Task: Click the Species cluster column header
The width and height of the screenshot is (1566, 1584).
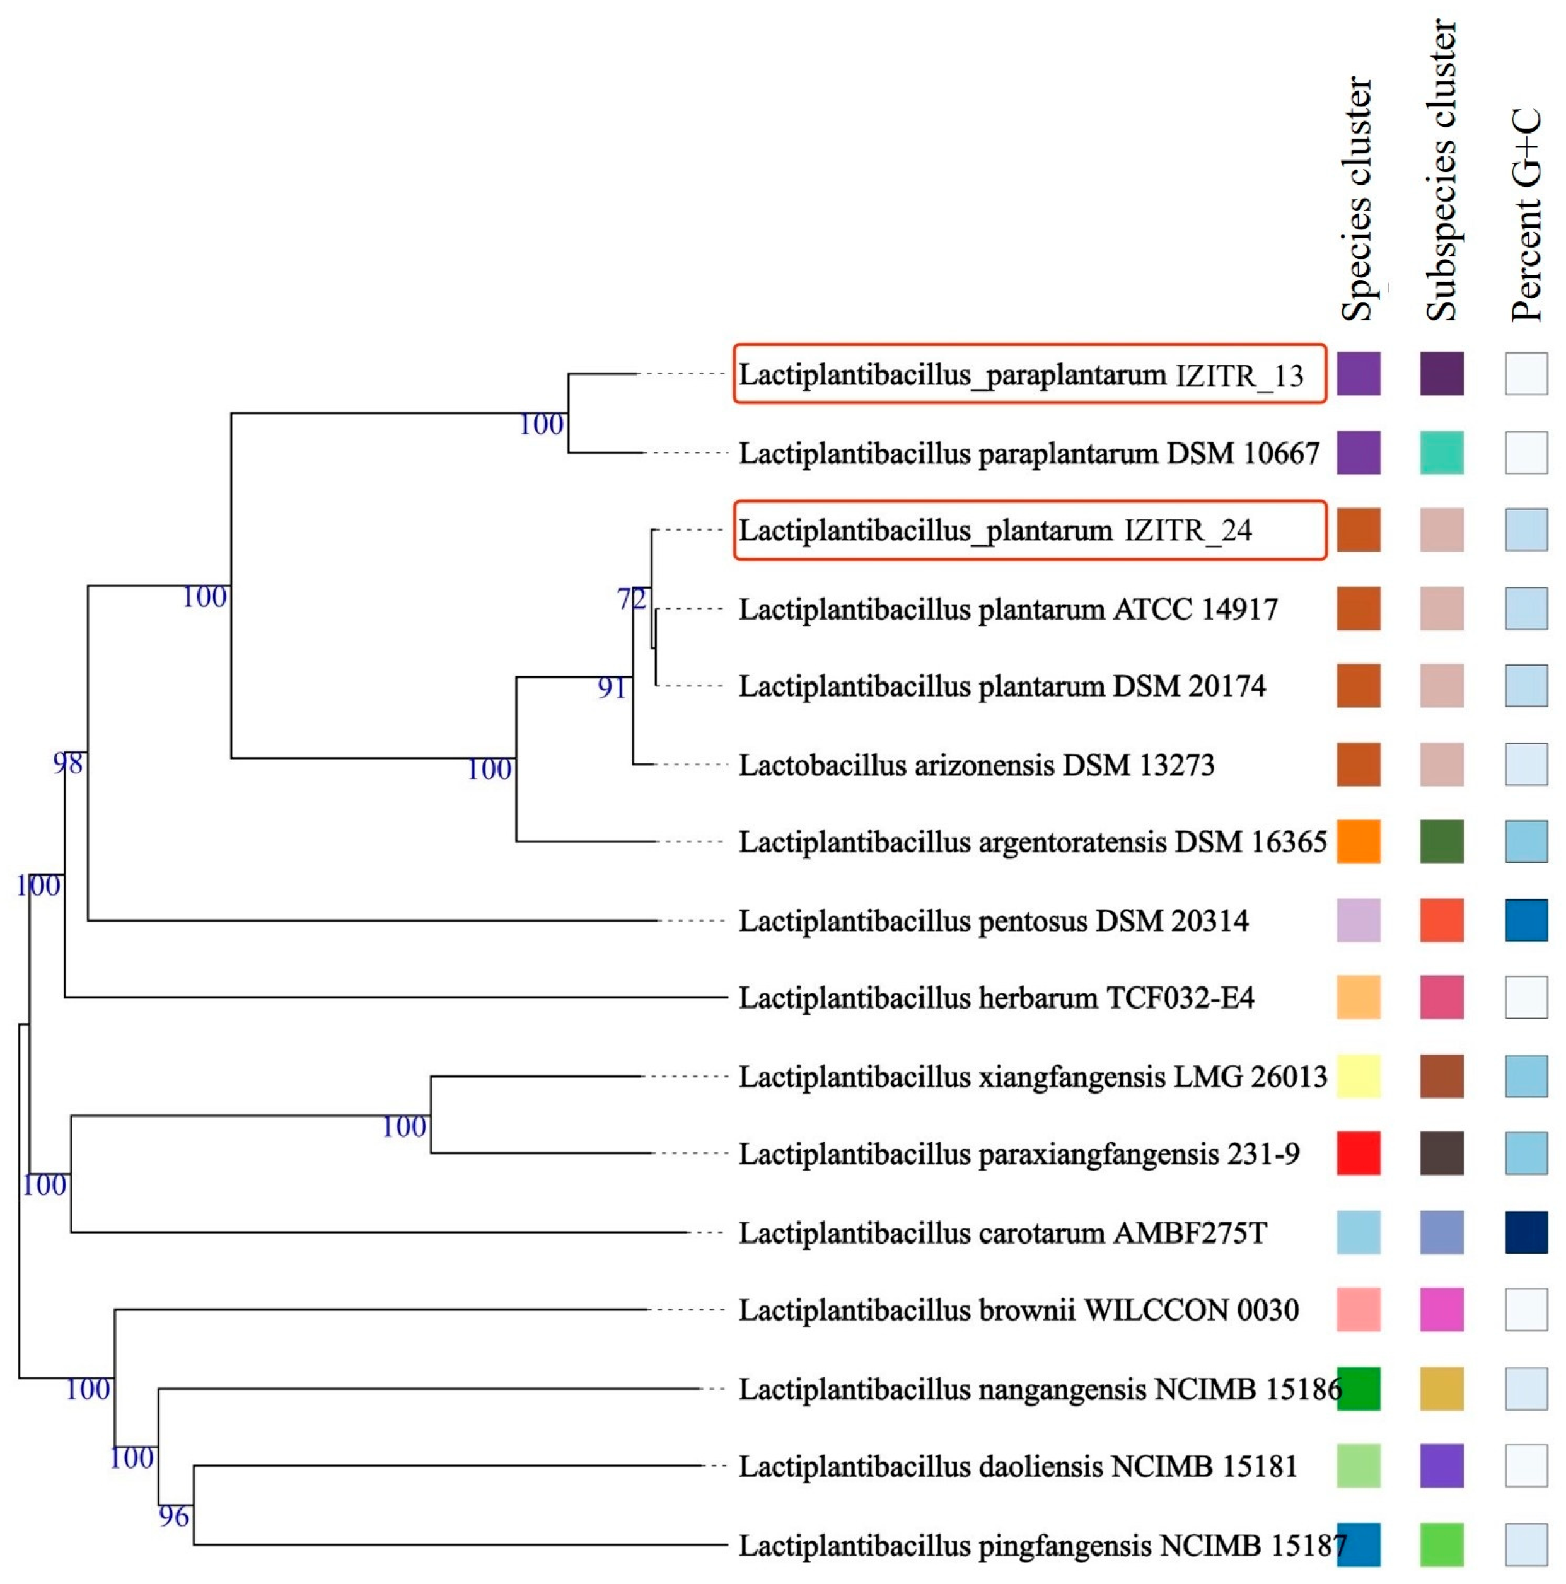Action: tap(1356, 199)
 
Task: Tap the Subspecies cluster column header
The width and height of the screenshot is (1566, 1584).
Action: tap(1441, 171)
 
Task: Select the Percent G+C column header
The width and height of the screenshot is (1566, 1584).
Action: tap(1525, 215)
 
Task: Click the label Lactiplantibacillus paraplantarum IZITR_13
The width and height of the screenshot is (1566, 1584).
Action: tap(1020, 374)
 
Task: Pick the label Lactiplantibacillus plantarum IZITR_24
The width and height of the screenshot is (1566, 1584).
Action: tap(995, 531)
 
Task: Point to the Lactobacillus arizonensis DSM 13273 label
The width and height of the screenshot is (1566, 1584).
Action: tap(976, 765)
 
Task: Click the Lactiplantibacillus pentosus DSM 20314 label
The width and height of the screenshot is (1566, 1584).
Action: tap(993, 921)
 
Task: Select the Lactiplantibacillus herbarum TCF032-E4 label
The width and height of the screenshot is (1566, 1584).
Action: tap(995, 998)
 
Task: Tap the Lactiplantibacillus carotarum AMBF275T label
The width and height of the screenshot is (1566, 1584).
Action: tap(1002, 1232)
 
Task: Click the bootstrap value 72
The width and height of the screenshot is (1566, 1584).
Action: tap(631, 599)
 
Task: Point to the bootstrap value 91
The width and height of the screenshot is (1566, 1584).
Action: tap(612, 688)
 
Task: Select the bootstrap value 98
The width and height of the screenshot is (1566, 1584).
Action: tap(67, 763)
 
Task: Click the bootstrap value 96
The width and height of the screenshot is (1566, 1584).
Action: tap(173, 1516)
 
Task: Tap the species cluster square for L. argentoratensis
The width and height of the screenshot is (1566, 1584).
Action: tap(1358, 841)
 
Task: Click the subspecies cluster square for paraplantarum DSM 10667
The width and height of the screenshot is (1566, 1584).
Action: tap(1441, 453)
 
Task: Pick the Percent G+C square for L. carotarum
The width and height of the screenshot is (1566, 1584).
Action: tap(1526, 1232)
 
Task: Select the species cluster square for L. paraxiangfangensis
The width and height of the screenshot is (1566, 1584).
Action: tap(1358, 1153)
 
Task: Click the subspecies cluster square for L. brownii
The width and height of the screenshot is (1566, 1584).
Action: tap(1441, 1309)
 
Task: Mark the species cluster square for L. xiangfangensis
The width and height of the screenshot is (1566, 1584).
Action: tap(1358, 1076)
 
